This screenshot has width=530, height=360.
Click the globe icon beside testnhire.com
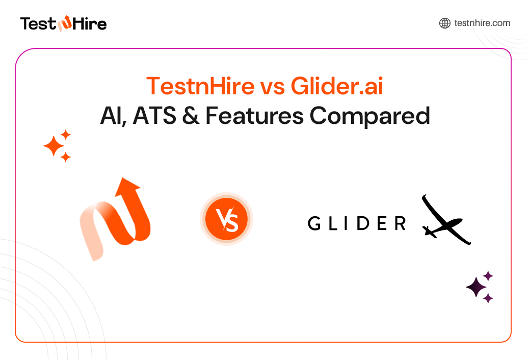click(x=444, y=23)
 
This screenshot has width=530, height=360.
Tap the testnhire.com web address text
click(x=482, y=23)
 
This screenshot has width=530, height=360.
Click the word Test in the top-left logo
click(x=37, y=23)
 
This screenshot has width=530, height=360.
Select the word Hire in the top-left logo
click(x=89, y=23)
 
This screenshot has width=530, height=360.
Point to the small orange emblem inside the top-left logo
click(x=65, y=23)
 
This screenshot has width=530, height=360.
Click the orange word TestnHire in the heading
click(x=200, y=86)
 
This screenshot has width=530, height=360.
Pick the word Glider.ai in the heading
click(x=337, y=86)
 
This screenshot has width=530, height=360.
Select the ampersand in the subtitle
click(x=192, y=116)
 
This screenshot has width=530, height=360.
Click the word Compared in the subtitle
click(x=369, y=116)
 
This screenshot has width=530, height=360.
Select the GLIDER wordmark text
click(x=357, y=223)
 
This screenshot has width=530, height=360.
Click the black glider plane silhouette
click(x=443, y=221)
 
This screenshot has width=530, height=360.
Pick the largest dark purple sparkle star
click(x=476, y=288)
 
